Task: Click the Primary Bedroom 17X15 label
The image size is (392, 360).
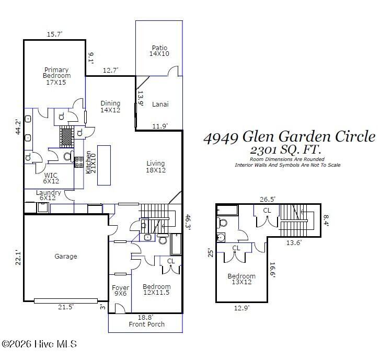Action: [56, 76]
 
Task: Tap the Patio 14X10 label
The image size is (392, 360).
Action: [159, 51]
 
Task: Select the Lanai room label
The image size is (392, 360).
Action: [160, 104]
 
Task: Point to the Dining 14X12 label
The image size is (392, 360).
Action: [110, 107]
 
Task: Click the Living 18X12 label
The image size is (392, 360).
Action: [156, 167]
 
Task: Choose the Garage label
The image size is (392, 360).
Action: [66, 257]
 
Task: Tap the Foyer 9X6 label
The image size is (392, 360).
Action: [120, 291]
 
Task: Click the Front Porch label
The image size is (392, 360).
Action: [147, 324]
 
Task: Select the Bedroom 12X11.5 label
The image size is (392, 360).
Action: [157, 290]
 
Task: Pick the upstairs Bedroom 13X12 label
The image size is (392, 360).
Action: [241, 280]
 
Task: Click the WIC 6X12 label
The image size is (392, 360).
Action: [51, 178]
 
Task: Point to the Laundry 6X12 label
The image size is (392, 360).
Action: [49, 195]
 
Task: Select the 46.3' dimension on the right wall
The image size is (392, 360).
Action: [187, 222]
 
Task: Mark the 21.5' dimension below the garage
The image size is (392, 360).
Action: [66, 308]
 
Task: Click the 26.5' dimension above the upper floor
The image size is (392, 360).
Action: [268, 199]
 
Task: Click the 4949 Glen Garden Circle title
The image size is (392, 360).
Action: [289, 137]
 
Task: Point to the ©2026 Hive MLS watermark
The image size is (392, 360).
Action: [39, 344]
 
